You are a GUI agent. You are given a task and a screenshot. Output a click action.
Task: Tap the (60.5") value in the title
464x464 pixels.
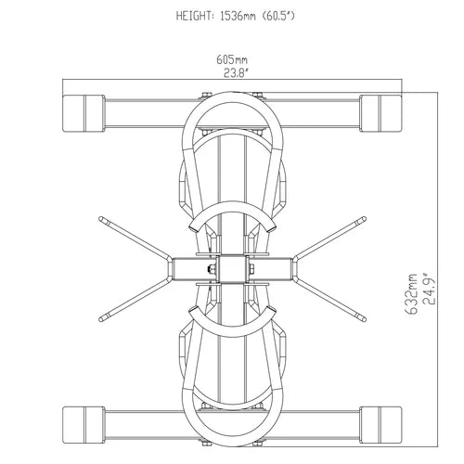(x=285, y=17)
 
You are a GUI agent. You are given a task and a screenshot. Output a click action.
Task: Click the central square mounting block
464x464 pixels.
(x=230, y=269)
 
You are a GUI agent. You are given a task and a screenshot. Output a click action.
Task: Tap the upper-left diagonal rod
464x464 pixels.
(x=130, y=237)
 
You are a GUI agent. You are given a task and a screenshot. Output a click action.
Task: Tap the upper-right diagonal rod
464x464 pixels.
(x=332, y=237)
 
